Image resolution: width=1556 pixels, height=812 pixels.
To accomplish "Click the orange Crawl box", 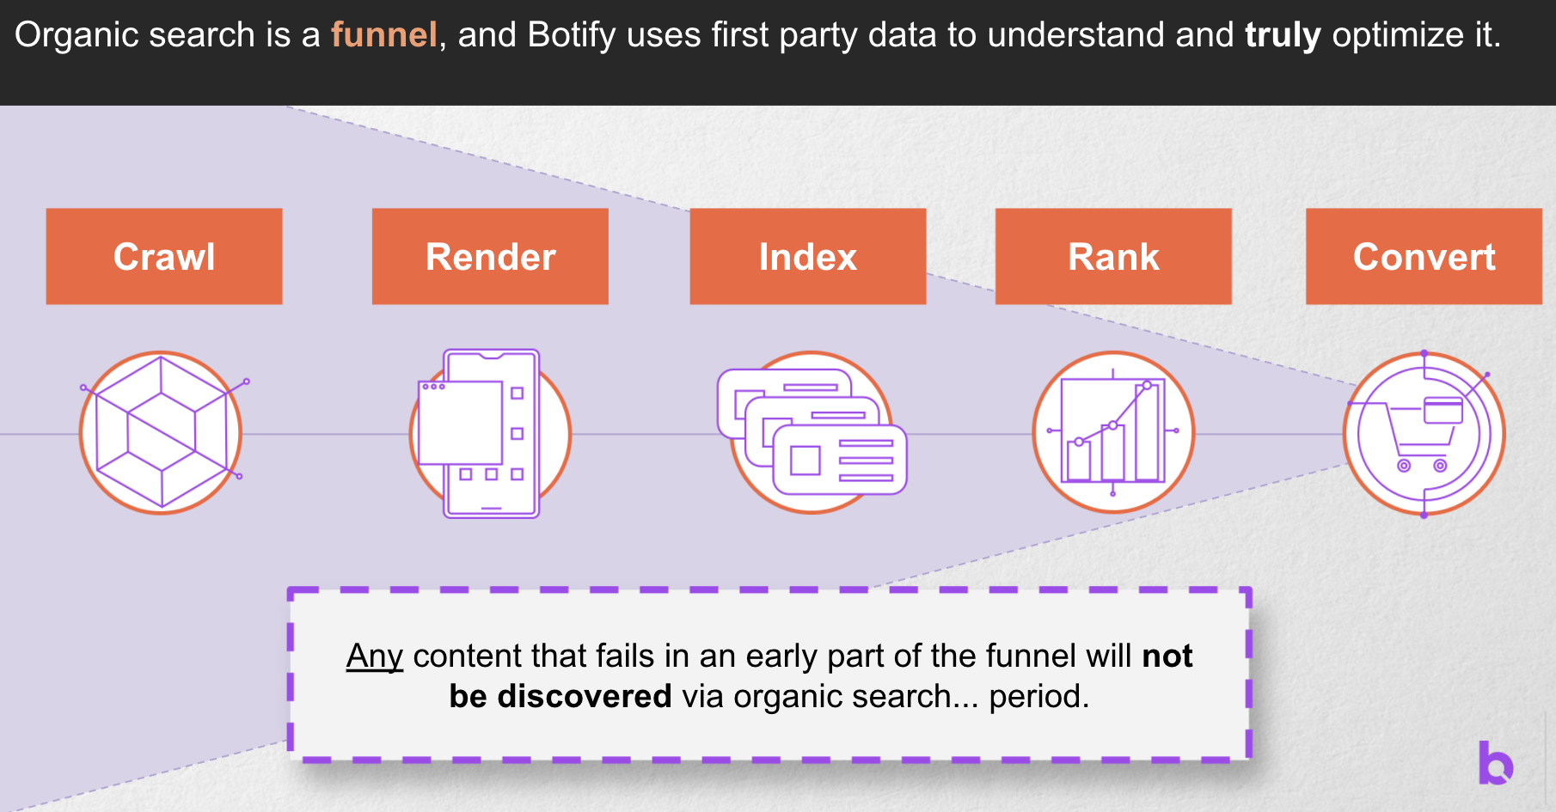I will pyautogui.click(x=164, y=256).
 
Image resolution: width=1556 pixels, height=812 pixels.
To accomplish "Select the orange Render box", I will pyautogui.click(x=490, y=256).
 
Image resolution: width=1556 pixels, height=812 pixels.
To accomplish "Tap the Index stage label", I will pyautogui.click(x=807, y=256).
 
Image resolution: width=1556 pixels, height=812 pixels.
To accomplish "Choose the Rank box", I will pyautogui.click(x=1113, y=256).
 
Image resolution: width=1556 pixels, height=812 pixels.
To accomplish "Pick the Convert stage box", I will pyautogui.click(x=1424, y=256).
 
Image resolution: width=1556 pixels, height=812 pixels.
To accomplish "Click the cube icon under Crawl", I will pyautogui.click(x=161, y=432).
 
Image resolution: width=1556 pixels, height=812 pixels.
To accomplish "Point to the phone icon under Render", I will pyautogui.click(x=490, y=432).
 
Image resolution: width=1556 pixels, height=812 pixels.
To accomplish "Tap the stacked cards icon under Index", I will pyautogui.click(x=812, y=432).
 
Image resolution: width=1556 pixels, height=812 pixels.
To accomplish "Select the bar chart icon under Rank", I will pyautogui.click(x=1113, y=432).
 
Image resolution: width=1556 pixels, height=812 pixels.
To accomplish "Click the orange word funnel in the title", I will pyautogui.click(x=384, y=35).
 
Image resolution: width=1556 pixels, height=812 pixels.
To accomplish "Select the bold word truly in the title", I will pyautogui.click(x=1282, y=35).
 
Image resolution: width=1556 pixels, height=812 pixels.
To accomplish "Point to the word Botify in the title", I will pyautogui.click(x=572, y=35).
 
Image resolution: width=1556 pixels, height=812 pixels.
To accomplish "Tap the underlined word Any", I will pyautogui.click(x=375, y=656).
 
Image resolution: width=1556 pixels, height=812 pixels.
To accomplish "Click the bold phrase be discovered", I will pyautogui.click(x=560, y=696).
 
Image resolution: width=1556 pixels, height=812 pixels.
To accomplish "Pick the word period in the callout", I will pyautogui.click(x=1038, y=696).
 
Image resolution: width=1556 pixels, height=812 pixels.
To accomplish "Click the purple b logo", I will pyautogui.click(x=1495, y=762).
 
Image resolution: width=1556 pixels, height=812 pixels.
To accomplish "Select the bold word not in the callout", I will pyautogui.click(x=1167, y=656).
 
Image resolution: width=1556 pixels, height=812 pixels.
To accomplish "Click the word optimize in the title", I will pyautogui.click(x=1398, y=35).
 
